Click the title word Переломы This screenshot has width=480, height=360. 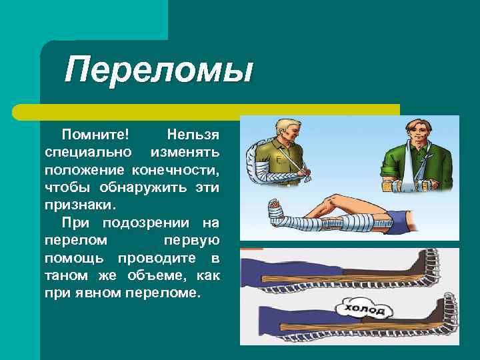click(159, 69)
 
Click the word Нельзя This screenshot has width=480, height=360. click(193, 135)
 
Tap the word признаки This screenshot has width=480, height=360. click(79, 205)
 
